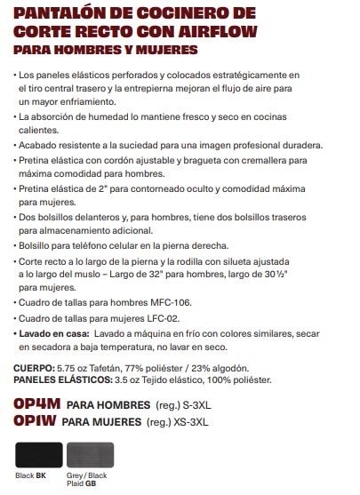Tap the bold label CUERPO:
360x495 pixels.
click(33, 367)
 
